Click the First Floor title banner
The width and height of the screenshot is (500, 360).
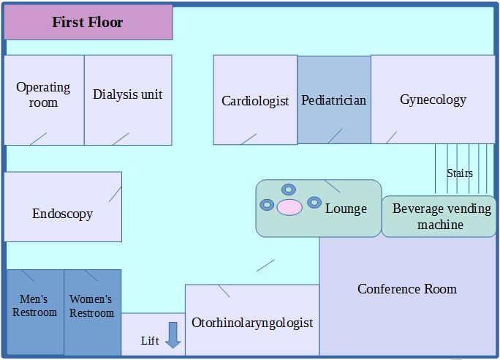point(88,22)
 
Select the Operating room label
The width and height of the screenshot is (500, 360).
point(43,94)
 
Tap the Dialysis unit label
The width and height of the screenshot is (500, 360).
point(127,94)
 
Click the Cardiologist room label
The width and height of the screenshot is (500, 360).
point(255,101)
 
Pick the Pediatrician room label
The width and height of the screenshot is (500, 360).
point(333,100)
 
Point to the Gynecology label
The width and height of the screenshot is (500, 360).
point(433,100)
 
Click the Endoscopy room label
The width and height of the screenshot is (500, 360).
point(62,214)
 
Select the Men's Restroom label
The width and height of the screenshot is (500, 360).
point(34,306)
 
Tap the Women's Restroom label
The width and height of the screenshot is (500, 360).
point(91,306)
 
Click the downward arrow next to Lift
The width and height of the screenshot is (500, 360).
point(173,334)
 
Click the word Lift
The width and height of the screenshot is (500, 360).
point(150,341)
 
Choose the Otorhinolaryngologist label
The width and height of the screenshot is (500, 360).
point(252,322)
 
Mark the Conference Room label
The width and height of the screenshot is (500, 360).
point(406,289)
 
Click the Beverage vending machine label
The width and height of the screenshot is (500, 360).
point(441,217)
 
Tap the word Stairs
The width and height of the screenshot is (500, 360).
point(459,173)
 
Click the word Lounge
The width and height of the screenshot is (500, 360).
point(346,209)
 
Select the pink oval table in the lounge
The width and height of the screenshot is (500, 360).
point(289,207)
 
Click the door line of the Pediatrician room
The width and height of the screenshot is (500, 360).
point(335,136)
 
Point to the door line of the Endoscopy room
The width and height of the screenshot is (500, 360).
point(115,194)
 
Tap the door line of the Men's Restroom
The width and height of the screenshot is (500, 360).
point(28,276)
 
